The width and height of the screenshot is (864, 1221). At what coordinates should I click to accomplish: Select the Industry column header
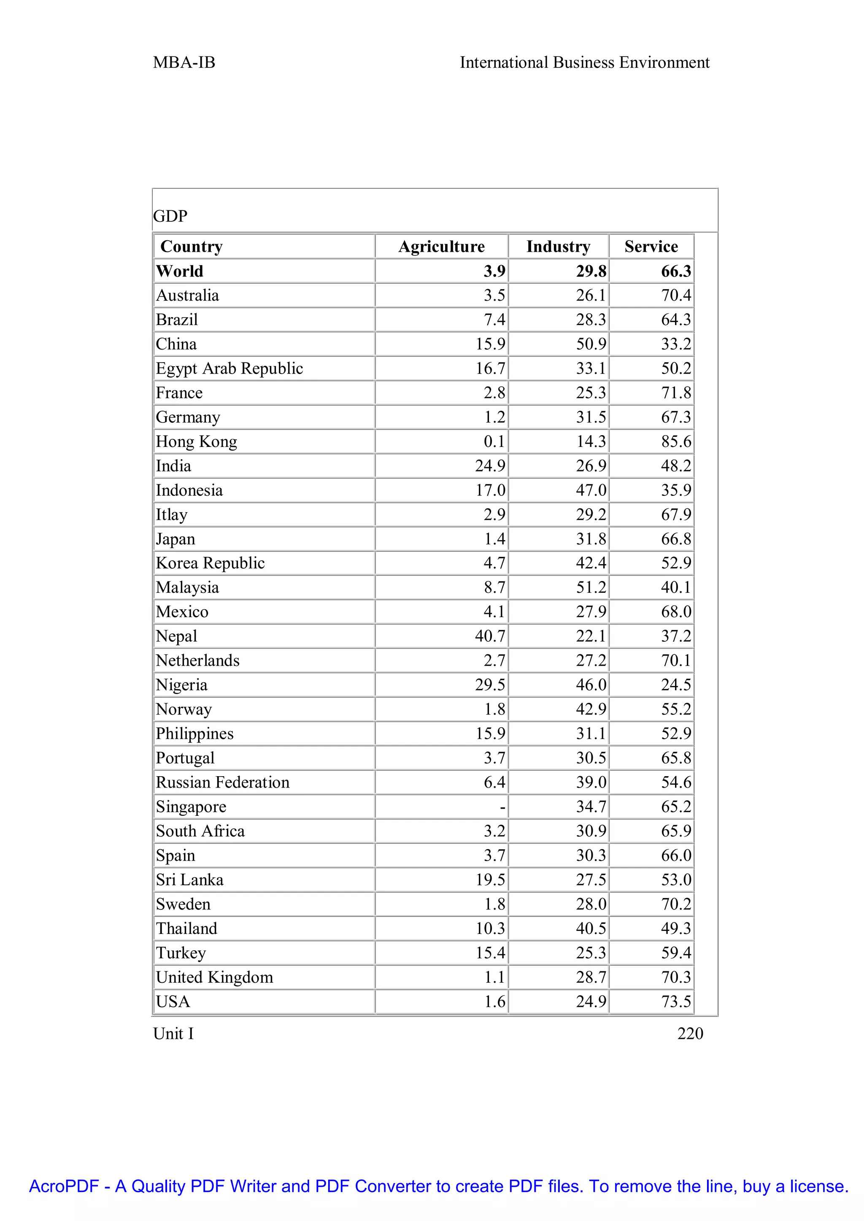(x=558, y=247)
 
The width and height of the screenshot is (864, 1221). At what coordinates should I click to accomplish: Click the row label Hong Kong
(x=196, y=441)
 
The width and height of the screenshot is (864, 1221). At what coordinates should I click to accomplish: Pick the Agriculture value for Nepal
(x=490, y=636)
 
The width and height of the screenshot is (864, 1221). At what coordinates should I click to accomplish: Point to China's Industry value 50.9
(x=591, y=344)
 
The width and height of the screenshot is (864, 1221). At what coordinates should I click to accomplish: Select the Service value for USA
(x=676, y=1001)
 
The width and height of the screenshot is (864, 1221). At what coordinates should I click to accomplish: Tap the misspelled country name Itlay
(x=171, y=515)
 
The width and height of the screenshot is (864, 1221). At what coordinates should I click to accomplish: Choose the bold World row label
(x=179, y=271)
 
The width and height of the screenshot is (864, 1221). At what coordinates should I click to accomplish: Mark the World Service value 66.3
(x=676, y=271)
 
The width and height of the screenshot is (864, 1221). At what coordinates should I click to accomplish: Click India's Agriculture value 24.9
(x=490, y=466)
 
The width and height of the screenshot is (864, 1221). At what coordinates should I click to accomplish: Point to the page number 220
(x=690, y=1033)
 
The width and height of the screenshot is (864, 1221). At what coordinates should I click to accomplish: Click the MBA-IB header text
(x=184, y=63)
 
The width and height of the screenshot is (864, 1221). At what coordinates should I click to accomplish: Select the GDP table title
(x=170, y=216)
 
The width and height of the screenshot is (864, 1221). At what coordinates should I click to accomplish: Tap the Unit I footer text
(x=173, y=1033)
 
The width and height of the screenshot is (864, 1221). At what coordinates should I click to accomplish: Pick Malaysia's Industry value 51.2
(x=591, y=588)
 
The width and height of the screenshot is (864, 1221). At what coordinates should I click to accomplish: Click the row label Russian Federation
(x=222, y=782)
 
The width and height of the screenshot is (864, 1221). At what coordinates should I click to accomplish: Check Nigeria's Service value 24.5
(x=676, y=685)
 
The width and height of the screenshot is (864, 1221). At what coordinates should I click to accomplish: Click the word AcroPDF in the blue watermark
(x=64, y=1186)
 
